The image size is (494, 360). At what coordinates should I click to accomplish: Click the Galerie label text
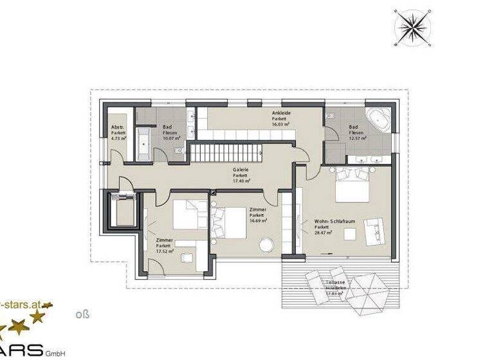(x=241, y=170)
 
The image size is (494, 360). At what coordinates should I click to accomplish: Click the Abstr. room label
(x=118, y=127)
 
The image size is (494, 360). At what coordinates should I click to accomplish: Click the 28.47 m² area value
(x=324, y=233)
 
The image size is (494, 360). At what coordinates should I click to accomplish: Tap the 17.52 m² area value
(x=164, y=251)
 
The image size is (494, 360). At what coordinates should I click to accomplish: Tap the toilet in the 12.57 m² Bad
(x=330, y=116)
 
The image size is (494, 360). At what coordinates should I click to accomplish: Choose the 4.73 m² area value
(x=118, y=138)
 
